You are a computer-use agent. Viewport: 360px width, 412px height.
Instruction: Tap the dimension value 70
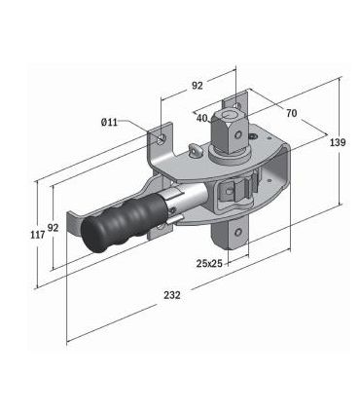click(291, 113)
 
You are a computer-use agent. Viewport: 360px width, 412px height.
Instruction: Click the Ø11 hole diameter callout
click(109, 122)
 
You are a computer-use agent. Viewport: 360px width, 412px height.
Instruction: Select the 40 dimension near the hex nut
click(202, 119)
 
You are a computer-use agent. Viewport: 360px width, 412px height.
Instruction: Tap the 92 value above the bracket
click(197, 86)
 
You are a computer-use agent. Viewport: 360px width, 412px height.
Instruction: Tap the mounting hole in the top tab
click(234, 104)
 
